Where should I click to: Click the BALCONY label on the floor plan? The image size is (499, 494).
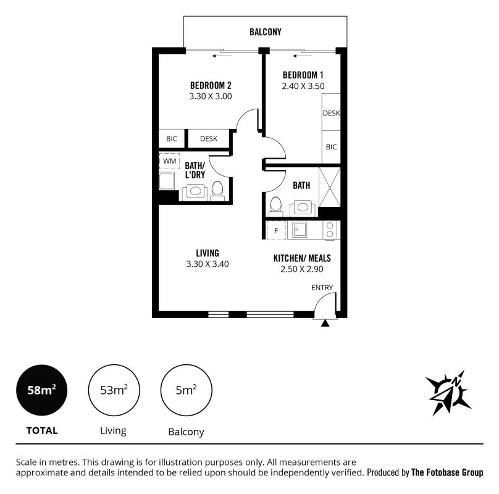point(266,32)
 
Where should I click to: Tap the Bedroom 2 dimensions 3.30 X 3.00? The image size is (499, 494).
point(211,96)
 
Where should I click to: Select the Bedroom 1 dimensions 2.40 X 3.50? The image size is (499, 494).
point(303,86)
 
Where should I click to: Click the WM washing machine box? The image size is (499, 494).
point(170,161)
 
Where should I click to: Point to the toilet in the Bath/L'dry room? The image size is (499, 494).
point(217,191)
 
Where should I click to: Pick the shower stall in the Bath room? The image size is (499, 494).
point(330,188)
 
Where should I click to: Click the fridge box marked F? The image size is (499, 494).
point(276,230)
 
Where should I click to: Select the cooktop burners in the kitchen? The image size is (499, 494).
point(330,230)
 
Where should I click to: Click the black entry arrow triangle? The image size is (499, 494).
point(325,324)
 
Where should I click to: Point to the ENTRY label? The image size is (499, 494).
point(322,288)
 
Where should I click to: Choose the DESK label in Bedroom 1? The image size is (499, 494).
point(331,113)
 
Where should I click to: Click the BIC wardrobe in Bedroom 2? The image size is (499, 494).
point(172,139)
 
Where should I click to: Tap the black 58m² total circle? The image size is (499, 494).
point(42,390)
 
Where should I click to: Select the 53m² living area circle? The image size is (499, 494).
point(114,390)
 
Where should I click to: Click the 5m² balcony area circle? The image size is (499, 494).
point(186,390)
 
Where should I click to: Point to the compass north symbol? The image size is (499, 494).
point(448,393)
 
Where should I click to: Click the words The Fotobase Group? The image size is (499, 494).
point(447,472)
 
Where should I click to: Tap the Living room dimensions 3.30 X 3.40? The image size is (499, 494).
point(208,264)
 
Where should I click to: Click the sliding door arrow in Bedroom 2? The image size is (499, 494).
point(222,56)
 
